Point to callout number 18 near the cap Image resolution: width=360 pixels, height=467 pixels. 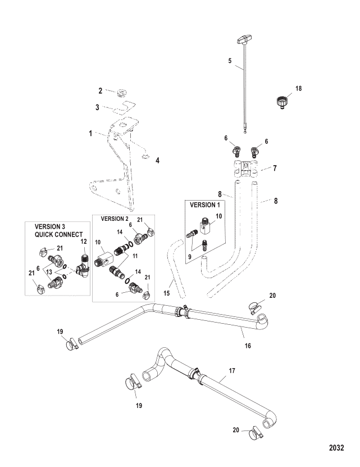tap(299, 89)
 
